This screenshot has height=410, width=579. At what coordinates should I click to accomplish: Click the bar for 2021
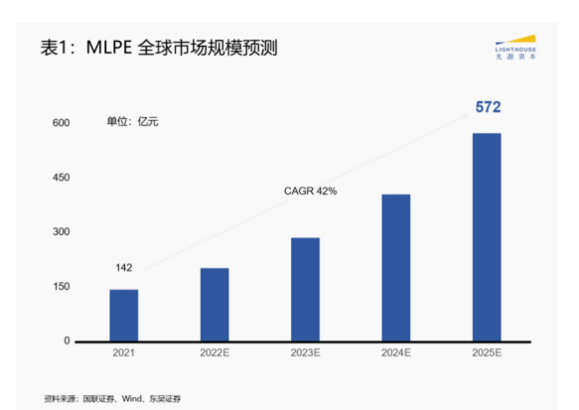click(x=123, y=315)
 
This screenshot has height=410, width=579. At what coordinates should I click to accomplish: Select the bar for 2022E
click(x=214, y=304)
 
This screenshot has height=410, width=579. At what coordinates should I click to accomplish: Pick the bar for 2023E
click(x=305, y=289)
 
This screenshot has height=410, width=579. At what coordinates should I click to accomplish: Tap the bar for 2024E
click(x=395, y=267)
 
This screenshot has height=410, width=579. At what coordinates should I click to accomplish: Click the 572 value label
click(x=488, y=107)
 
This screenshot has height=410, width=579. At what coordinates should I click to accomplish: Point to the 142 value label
click(x=123, y=267)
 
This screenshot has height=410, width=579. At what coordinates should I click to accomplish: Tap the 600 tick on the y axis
click(x=62, y=123)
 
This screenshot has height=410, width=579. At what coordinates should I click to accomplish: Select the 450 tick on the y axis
click(x=62, y=178)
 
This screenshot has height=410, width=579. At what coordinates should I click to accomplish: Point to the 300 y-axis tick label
click(x=62, y=232)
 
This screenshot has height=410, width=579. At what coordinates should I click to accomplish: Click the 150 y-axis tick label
click(x=62, y=287)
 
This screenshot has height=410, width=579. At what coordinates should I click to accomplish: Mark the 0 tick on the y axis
click(x=68, y=342)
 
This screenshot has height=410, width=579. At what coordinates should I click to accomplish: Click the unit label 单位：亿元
click(x=132, y=122)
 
